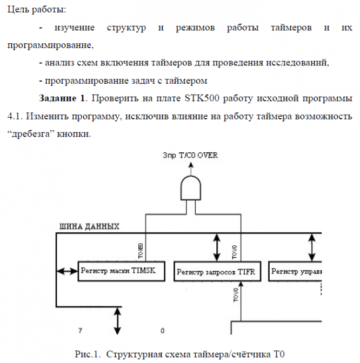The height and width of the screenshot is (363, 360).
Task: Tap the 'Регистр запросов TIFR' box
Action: (x=216, y=272)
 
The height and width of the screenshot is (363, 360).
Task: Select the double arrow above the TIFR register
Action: (x=217, y=247)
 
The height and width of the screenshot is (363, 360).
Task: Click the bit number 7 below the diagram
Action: (x=79, y=329)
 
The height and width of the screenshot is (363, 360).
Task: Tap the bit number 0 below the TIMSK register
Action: (x=162, y=329)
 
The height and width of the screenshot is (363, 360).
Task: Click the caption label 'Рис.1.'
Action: (x=88, y=354)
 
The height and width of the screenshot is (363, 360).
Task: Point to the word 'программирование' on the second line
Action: (x=51, y=45)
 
